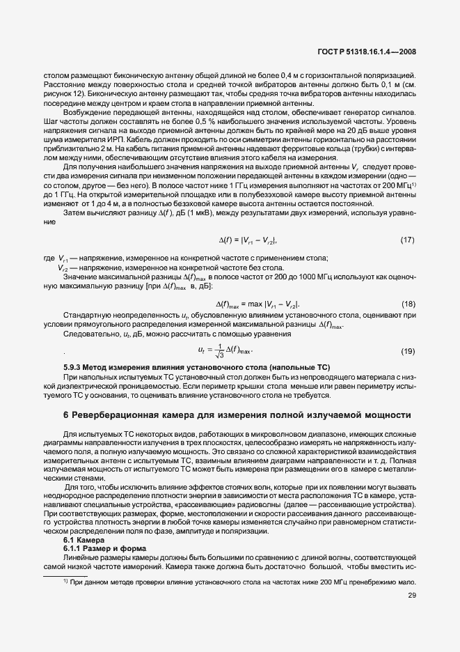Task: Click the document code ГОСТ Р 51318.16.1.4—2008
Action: (x=367, y=52)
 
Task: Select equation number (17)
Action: (x=408, y=240)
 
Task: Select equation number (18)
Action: (x=408, y=304)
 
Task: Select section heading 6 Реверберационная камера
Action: (x=237, y=415)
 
